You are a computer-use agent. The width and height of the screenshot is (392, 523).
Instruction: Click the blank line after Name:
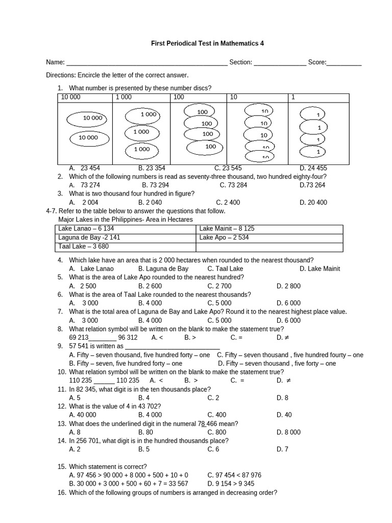(146, 63)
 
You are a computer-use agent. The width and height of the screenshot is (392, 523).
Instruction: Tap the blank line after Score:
(344, 63)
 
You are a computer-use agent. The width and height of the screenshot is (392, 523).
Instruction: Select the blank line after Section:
(280, 63)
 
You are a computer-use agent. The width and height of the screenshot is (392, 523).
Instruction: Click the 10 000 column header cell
(85, 97)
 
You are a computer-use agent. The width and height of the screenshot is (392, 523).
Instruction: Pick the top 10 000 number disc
(88, 119)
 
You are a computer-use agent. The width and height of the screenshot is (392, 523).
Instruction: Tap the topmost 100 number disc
(201, 112)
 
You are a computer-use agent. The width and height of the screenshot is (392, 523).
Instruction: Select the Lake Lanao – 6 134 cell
(125, 229)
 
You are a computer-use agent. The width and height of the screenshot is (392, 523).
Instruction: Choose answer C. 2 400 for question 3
(228, 202)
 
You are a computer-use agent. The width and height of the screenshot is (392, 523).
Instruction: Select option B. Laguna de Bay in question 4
(163, 269)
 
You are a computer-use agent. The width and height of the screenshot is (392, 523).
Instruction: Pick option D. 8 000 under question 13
(288, 433)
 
